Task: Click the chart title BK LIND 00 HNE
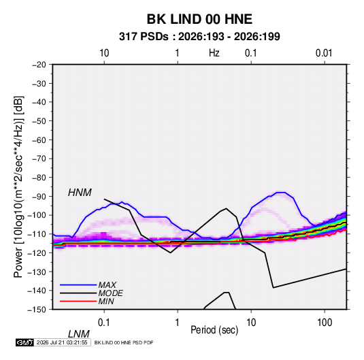tap(199, 19)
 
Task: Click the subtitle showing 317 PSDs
tap(199, 37)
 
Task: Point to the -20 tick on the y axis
tap(39, 65)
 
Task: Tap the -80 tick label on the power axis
tap(39, 178)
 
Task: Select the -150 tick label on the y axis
tap(37, 310)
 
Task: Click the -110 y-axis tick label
tap(37, 234)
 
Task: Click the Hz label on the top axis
tap(214, 53)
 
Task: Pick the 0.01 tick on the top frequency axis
tap(324, 53)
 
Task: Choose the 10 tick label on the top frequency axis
tap(104, 53)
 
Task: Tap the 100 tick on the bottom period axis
tap(325, 323)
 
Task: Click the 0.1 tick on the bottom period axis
tap(104, 323)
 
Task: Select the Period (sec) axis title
tap(214, 330)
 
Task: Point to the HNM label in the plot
tap(80, 193)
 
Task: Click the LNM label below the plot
tap(79, 334)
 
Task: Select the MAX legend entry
tap(107, 284)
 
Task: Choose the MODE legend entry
tap(110, 293)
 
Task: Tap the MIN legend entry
tap(106, 301)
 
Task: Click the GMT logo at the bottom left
tap(24, 342)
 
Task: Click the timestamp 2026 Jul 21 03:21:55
tap(62, 342)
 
